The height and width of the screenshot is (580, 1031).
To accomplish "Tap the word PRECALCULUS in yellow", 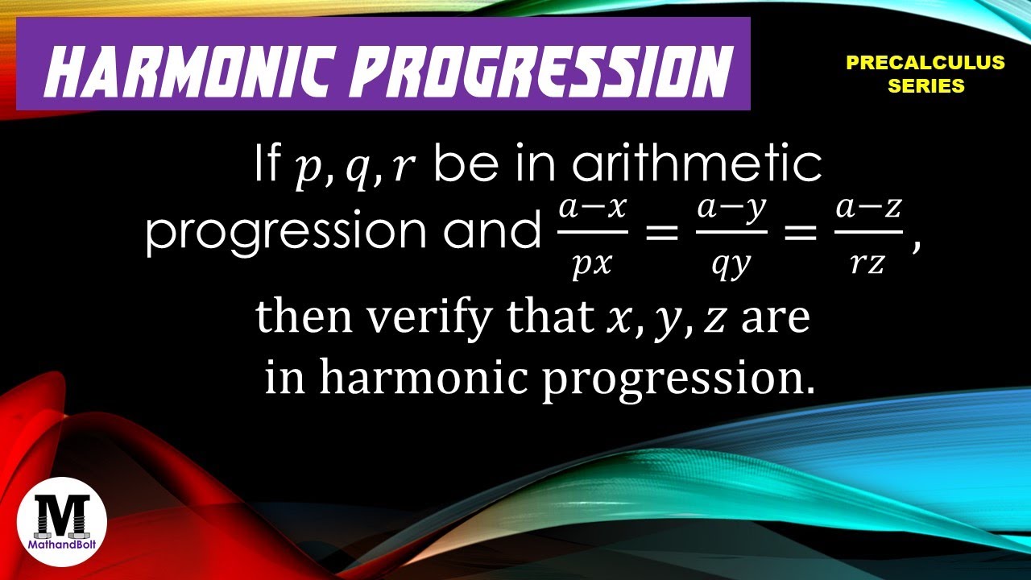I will coord(925,63).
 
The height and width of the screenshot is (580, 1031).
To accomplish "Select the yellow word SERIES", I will coord(925,86).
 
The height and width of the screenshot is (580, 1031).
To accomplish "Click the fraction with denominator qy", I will coord(731,234).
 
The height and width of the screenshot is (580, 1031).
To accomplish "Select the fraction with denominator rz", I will coord(869,234).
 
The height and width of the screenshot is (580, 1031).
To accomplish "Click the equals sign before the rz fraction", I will coord(800,234).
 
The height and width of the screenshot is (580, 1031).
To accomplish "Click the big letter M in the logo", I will coord(62,512).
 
